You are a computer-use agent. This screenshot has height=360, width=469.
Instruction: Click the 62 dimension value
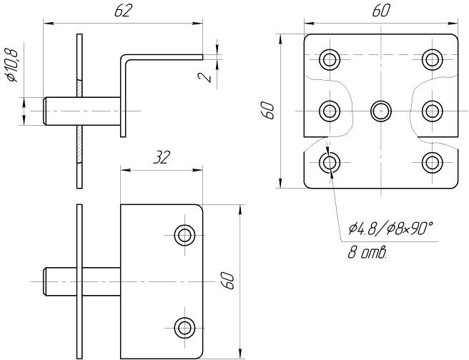(x=123, y=11)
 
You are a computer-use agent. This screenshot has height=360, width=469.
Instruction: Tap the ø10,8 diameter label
(x=12, y=65)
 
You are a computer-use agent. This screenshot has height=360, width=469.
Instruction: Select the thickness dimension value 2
(x=205, y=77)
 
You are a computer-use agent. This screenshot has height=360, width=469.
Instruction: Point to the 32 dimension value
(x=162, y=157)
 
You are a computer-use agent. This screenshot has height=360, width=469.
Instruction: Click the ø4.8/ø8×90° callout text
(x=390, y=229)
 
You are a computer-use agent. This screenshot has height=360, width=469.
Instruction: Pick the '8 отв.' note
(x=367, y=253)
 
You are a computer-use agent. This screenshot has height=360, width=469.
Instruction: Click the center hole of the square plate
(x=381, y=111)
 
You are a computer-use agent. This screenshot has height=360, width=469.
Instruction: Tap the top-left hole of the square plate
(x=330, y=59)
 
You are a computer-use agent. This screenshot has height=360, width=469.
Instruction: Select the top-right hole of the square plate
(x=433, y=59)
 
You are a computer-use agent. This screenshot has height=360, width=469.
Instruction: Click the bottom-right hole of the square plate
(x=433, y=163)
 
